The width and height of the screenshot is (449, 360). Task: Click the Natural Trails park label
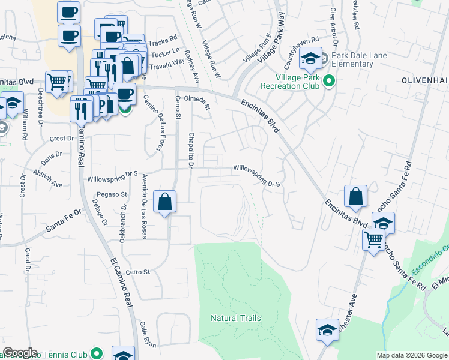click(x=236, y=318)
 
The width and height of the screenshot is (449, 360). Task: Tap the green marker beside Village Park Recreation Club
click(x=329, y=80)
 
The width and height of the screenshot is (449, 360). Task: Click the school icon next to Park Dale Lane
click(x=310, y=58)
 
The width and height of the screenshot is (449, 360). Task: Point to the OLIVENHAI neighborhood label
click(x=424, y=79)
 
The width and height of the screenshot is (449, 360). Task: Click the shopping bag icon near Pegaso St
click(x=164, y=202)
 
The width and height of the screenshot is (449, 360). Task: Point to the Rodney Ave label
click(x=193, y=66)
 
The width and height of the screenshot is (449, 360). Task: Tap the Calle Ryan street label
click(x=148, y=335)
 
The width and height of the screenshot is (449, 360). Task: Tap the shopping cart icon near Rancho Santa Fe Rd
click(x=374, y=239)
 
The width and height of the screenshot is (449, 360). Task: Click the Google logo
click(x=20, y=353)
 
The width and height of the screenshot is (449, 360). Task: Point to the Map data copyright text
click(x=411, y=355)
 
